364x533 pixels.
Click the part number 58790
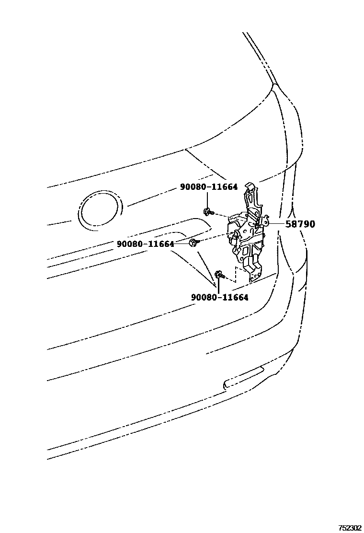(x=300, y=224)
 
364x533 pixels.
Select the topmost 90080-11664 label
(x=209, y=187)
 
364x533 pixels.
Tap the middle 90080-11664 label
(x=145, y=244)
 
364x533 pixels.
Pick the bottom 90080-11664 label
(x=220, y=298)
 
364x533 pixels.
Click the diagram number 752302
(x=350, y=527)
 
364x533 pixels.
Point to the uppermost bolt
(x=207, y=211)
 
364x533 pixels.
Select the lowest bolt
(x=219, y=275)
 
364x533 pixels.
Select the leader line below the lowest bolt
(x=219, y=286)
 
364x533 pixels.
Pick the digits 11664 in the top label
(x=223, y=187)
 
